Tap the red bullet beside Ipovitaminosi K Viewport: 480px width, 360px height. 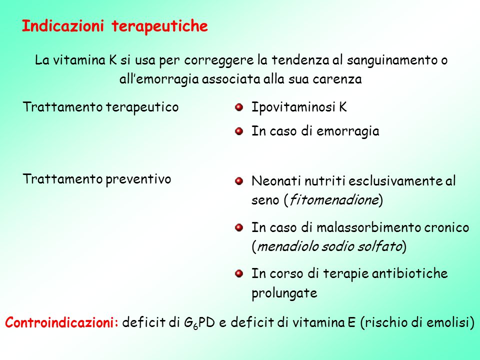(239, 106)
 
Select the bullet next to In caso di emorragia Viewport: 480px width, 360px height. (239, 131)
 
